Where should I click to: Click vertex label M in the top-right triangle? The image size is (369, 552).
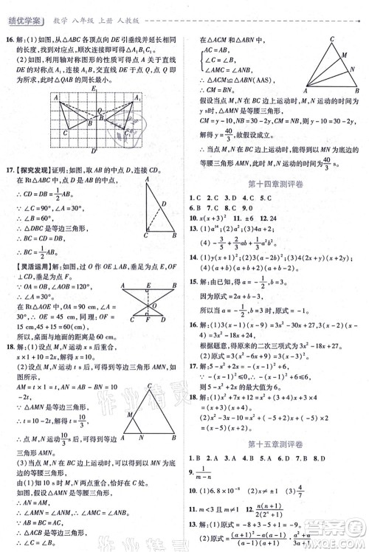tap(342, 54)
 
